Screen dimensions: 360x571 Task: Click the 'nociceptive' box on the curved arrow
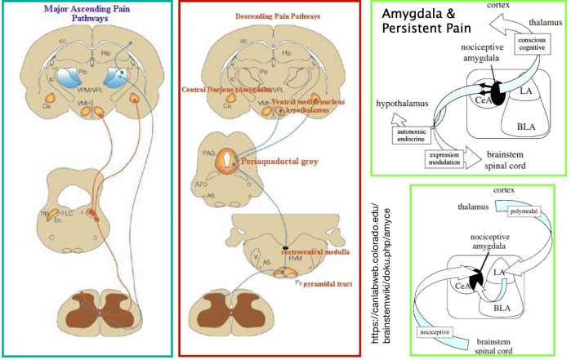point(435,333)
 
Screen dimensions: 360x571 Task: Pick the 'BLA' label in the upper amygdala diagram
point(526,127)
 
